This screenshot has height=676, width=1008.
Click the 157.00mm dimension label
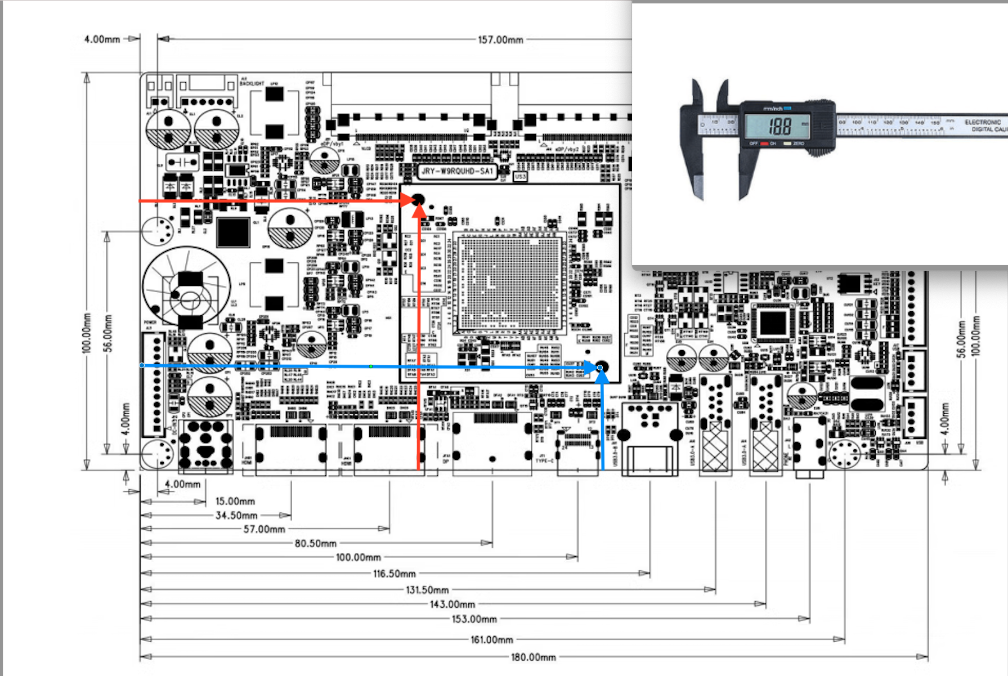tap(500, 40)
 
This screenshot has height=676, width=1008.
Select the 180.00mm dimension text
tap(533, 657)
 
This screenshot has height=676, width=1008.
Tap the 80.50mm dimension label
tap(315, 543)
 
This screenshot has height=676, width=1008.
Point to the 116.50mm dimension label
tap(394, 574)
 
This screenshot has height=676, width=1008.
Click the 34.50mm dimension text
tap(236, 515)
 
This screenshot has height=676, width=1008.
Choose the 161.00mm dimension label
tap(491, 639)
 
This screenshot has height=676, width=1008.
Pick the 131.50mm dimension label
tap(427, 590)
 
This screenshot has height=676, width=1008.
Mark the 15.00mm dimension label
tap(235, 501)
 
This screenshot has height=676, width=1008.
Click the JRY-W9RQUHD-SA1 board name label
tap(457, 171)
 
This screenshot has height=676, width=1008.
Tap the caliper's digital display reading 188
tap(779, 126)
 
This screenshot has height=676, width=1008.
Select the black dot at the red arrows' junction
tap(418, 199)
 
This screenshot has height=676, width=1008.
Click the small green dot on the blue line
tap(371, 366)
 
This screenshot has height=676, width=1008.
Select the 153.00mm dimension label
tap(474, 619)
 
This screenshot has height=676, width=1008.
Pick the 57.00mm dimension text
tap(264, 529)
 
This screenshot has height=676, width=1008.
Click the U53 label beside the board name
tap(520, 177)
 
